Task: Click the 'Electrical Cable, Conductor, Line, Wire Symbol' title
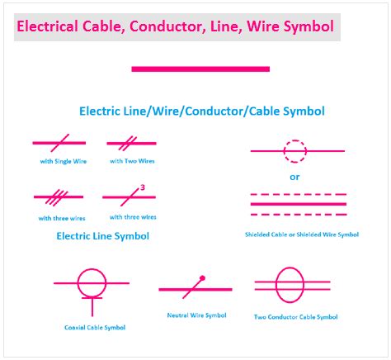click(176, 27)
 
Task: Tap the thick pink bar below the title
click(200, 69)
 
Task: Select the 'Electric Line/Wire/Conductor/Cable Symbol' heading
click(201, 111)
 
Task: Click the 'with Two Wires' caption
click(132, 161)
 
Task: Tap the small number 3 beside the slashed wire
click(142, 187)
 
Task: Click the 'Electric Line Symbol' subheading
click(102, 236)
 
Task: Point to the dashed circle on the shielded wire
click(294, 151)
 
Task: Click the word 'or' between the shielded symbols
click(294, 177)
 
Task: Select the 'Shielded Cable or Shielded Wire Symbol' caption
click(302, 234)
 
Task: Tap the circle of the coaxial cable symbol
click(92, 282)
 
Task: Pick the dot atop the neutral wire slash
click(202, 277)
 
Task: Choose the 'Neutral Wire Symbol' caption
click(198, 315)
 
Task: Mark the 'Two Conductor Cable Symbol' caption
click(295, 317)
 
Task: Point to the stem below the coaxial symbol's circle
click(92, 306)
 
